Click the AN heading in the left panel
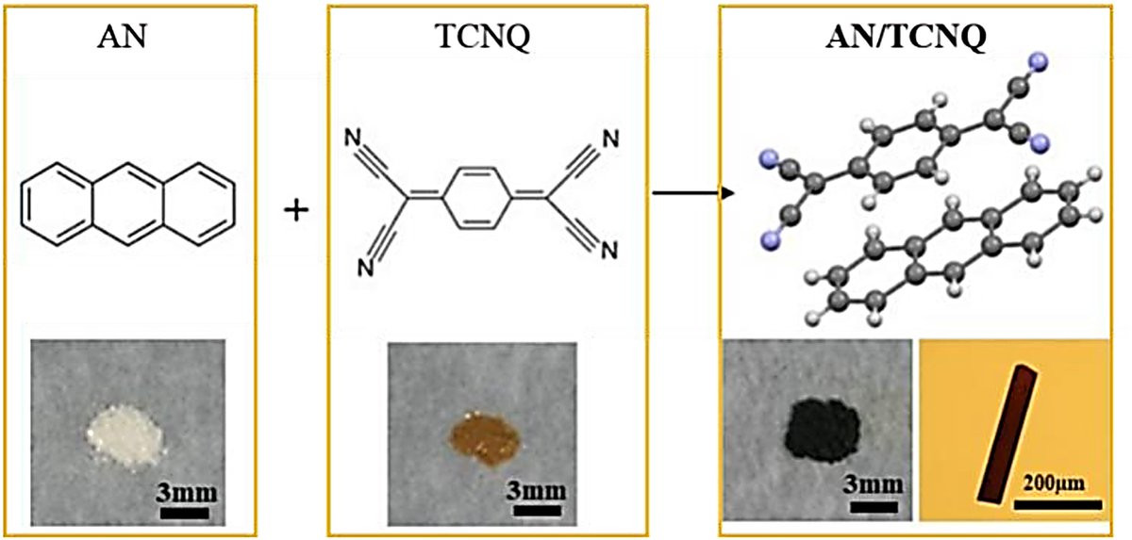[x=122, y=37]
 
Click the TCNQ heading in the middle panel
[x=483, y=37]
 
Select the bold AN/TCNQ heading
[x=906, y=37]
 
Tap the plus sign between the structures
[x=296, y=210]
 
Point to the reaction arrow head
[x=727, y=193]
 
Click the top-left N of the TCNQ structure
[x=353, y=138]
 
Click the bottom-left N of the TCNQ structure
[x=365, y=268]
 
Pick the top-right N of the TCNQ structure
[x=610, y=139]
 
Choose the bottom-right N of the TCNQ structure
[x=609, y=251]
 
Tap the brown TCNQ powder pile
[x=485, y=438]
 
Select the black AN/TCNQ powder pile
[x=823, y=430]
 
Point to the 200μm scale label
[x=1055, y=483]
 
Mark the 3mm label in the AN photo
[x=187, y=493]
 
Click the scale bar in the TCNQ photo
[x=537, y=511]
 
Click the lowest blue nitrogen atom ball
[x=770, y=238]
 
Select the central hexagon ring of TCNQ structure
[x=477, y=198]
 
